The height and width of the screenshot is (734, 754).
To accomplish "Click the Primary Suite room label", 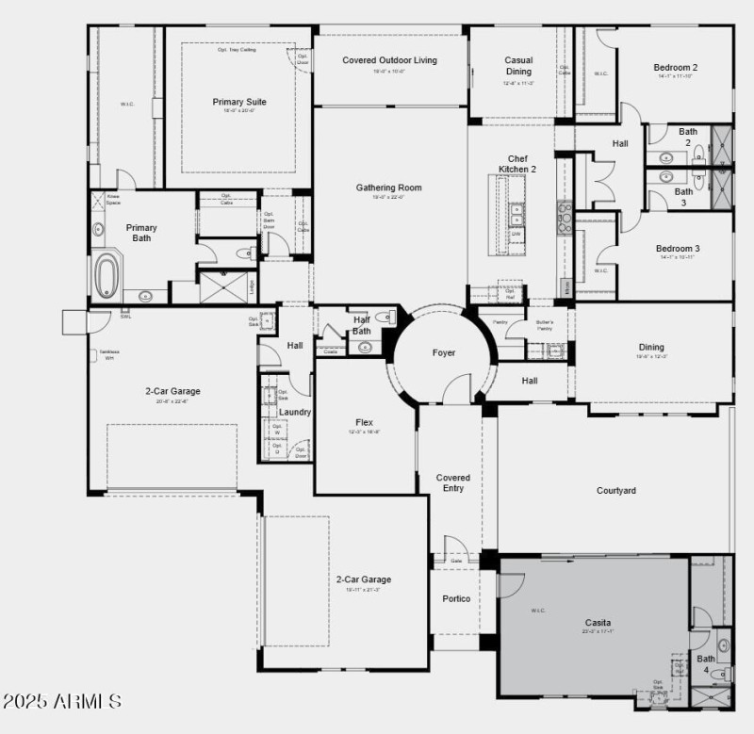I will click(238, 102).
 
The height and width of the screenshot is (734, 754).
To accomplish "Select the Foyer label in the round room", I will click(444, 353).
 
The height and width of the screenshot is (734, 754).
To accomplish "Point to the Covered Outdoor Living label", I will click(389, 60).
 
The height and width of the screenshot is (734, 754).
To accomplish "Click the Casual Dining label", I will click(518, 65).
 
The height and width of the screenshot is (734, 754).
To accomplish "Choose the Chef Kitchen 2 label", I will click(517, 164).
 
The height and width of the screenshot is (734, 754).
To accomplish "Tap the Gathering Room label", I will click(388, 188).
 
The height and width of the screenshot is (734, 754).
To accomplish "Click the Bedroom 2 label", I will click(676, 68).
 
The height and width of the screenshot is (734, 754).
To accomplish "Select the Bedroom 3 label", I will click(677, 249).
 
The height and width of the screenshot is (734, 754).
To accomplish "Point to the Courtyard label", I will click(616, 491).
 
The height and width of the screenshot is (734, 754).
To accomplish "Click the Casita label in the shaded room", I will click(598, 623).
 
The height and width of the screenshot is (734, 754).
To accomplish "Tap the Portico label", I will click(456, 599).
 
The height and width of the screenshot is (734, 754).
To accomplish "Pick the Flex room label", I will click(365, 422).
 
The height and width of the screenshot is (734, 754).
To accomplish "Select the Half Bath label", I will click(361, 325).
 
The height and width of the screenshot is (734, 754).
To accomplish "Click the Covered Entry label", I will click(453, 482).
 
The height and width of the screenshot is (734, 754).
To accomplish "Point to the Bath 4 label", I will click(706, 664).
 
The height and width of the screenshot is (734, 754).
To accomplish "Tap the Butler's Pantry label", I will click(545, 325).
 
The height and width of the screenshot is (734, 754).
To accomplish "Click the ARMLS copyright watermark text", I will click(61, 702).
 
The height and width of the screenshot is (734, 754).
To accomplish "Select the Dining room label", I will click(650, 347).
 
